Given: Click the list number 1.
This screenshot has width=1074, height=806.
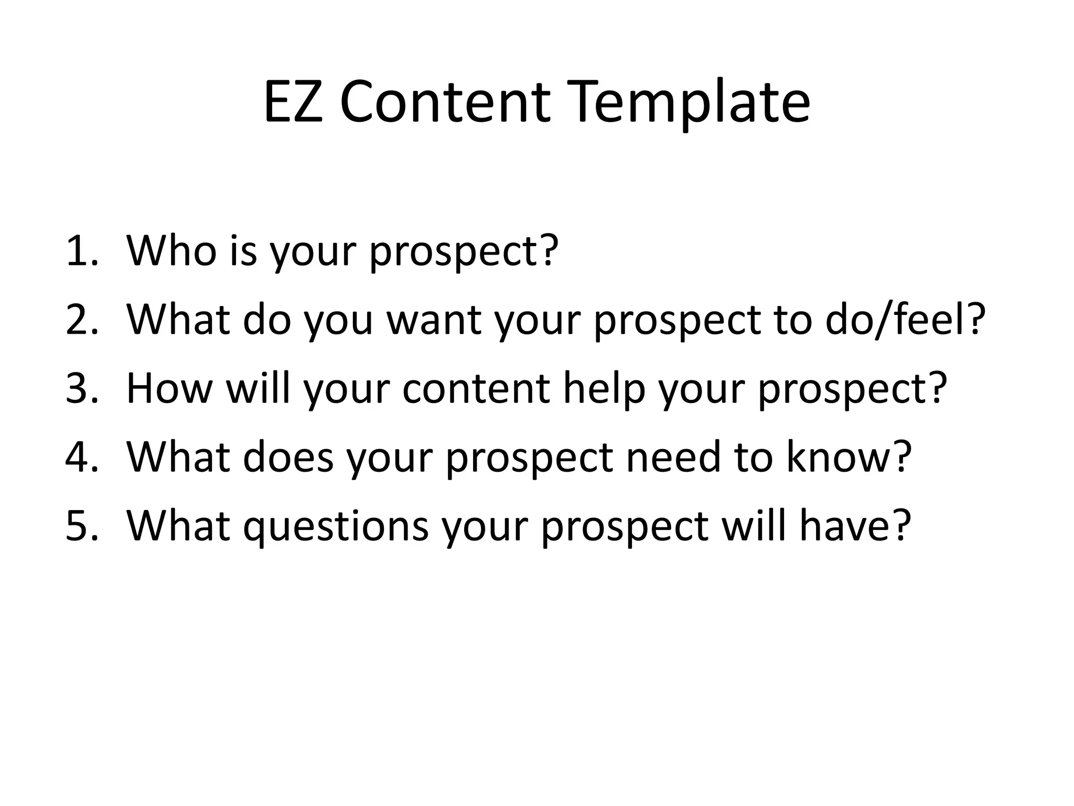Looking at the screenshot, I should click(82, 251).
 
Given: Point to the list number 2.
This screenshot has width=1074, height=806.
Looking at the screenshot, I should click(82, 320).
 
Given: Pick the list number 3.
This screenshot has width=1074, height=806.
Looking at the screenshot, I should click(82, 388).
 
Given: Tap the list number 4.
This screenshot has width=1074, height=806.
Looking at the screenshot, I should click(82, 457).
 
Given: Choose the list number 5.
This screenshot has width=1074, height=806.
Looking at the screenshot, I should click(82, 526).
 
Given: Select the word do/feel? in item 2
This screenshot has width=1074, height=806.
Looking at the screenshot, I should click(905, 320).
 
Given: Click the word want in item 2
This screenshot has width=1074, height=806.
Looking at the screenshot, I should click(434, 320).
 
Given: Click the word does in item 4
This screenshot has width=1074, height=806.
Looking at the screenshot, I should click(288, 457).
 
